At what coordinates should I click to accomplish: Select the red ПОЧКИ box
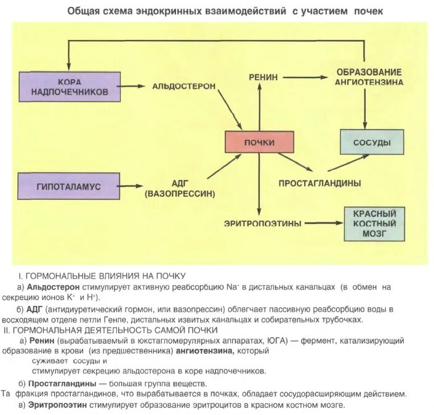click(x=260, y=142)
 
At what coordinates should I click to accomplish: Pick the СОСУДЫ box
click(x=372, y=142)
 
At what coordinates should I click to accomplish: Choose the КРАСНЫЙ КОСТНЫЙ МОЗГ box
click(x=374, y=224)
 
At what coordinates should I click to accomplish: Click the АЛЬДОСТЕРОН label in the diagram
click(x=183, y=86)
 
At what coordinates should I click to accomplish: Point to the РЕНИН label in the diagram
click(x=263, y=77)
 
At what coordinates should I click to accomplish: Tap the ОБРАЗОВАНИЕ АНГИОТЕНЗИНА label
click(x=369, y=77)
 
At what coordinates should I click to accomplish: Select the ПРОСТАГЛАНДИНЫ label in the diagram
click(x=319, y=183)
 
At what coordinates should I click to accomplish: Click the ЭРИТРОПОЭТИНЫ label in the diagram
click(x=263, y=224)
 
